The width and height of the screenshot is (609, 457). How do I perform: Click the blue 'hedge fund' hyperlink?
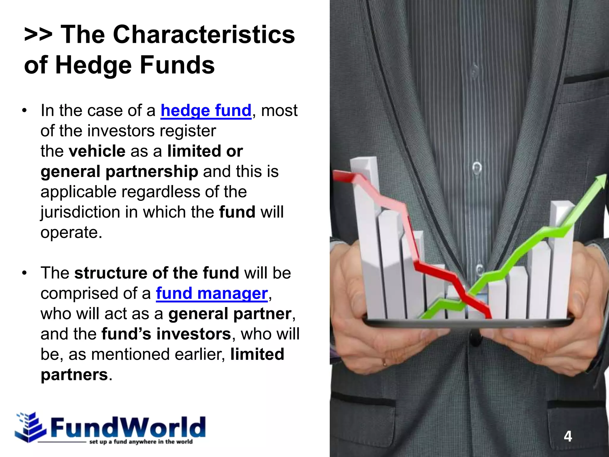tap(206, 111)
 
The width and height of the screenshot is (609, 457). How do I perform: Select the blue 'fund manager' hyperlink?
tap(212, 293)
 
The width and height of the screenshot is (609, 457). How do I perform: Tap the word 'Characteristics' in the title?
tap(204, 35)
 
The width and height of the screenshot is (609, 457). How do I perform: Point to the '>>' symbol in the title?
tap(38, 35)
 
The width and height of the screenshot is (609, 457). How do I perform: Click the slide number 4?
tap(568, 436)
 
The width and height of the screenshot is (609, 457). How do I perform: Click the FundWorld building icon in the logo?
tap(30, 427)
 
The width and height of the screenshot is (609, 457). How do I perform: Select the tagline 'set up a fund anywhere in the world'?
tap(141, 442)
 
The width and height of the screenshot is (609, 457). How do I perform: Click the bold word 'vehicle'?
tap(97, 151)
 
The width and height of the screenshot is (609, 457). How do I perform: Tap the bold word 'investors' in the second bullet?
tap(194, 334)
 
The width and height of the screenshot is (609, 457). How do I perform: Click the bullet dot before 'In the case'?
tap(24, 111)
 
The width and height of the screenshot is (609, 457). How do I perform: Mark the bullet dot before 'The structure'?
tap(24, 273)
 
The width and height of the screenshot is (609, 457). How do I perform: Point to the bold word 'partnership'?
tap(152, 172)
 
